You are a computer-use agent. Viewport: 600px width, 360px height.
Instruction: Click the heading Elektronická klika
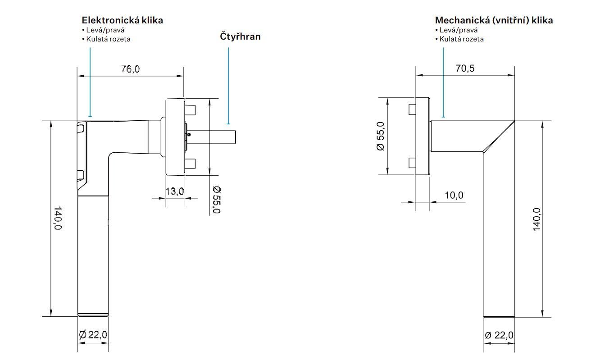(122, 20)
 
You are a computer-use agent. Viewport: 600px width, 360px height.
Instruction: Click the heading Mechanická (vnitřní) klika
(494, 20)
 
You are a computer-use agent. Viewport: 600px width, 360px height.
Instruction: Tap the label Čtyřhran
(240, 36)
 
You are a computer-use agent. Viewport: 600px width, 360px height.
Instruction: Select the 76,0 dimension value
(130, 69)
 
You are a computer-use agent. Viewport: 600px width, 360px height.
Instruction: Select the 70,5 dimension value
(465, 68)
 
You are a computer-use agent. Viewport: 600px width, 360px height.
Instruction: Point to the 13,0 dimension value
(174, 191)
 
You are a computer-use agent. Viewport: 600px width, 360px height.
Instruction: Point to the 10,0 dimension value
(454, 195)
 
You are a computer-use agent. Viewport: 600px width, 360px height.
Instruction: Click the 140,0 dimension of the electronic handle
(58, 219)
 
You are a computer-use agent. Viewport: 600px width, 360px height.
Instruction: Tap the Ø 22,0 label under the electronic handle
(93, 335)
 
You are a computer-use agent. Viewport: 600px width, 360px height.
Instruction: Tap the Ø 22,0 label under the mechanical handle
(499, 335)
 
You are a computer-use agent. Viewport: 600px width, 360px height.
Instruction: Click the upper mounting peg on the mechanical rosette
(412, 110)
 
